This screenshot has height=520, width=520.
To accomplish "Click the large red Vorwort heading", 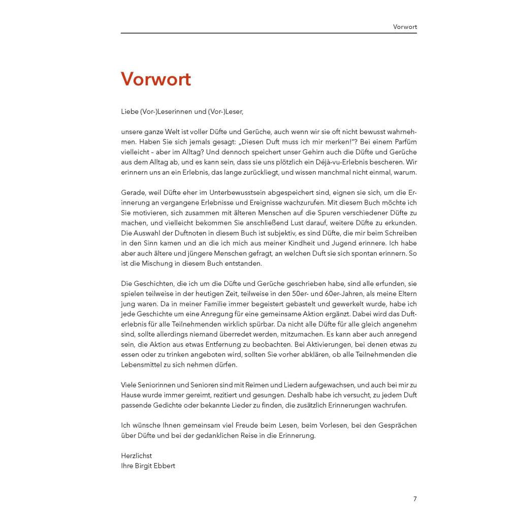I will pyautogui.click(x=156, y=79).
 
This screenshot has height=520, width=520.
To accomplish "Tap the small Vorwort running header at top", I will pyautogui.click(x=405, y=26).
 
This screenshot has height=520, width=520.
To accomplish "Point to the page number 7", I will pyautogui.click(x=415, y=499).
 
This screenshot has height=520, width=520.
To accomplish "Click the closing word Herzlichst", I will pyautogui.click(x=137, y=456).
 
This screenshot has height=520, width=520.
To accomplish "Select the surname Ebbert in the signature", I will pyautogui.click(x=164, y=465).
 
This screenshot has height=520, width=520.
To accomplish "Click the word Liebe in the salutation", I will pyautogui.click(x=129, y=111).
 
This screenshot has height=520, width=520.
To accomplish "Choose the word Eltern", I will pyautogui.click(x=406, y=294).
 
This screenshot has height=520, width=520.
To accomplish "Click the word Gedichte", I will pyautogui.click(x=189, y=405).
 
